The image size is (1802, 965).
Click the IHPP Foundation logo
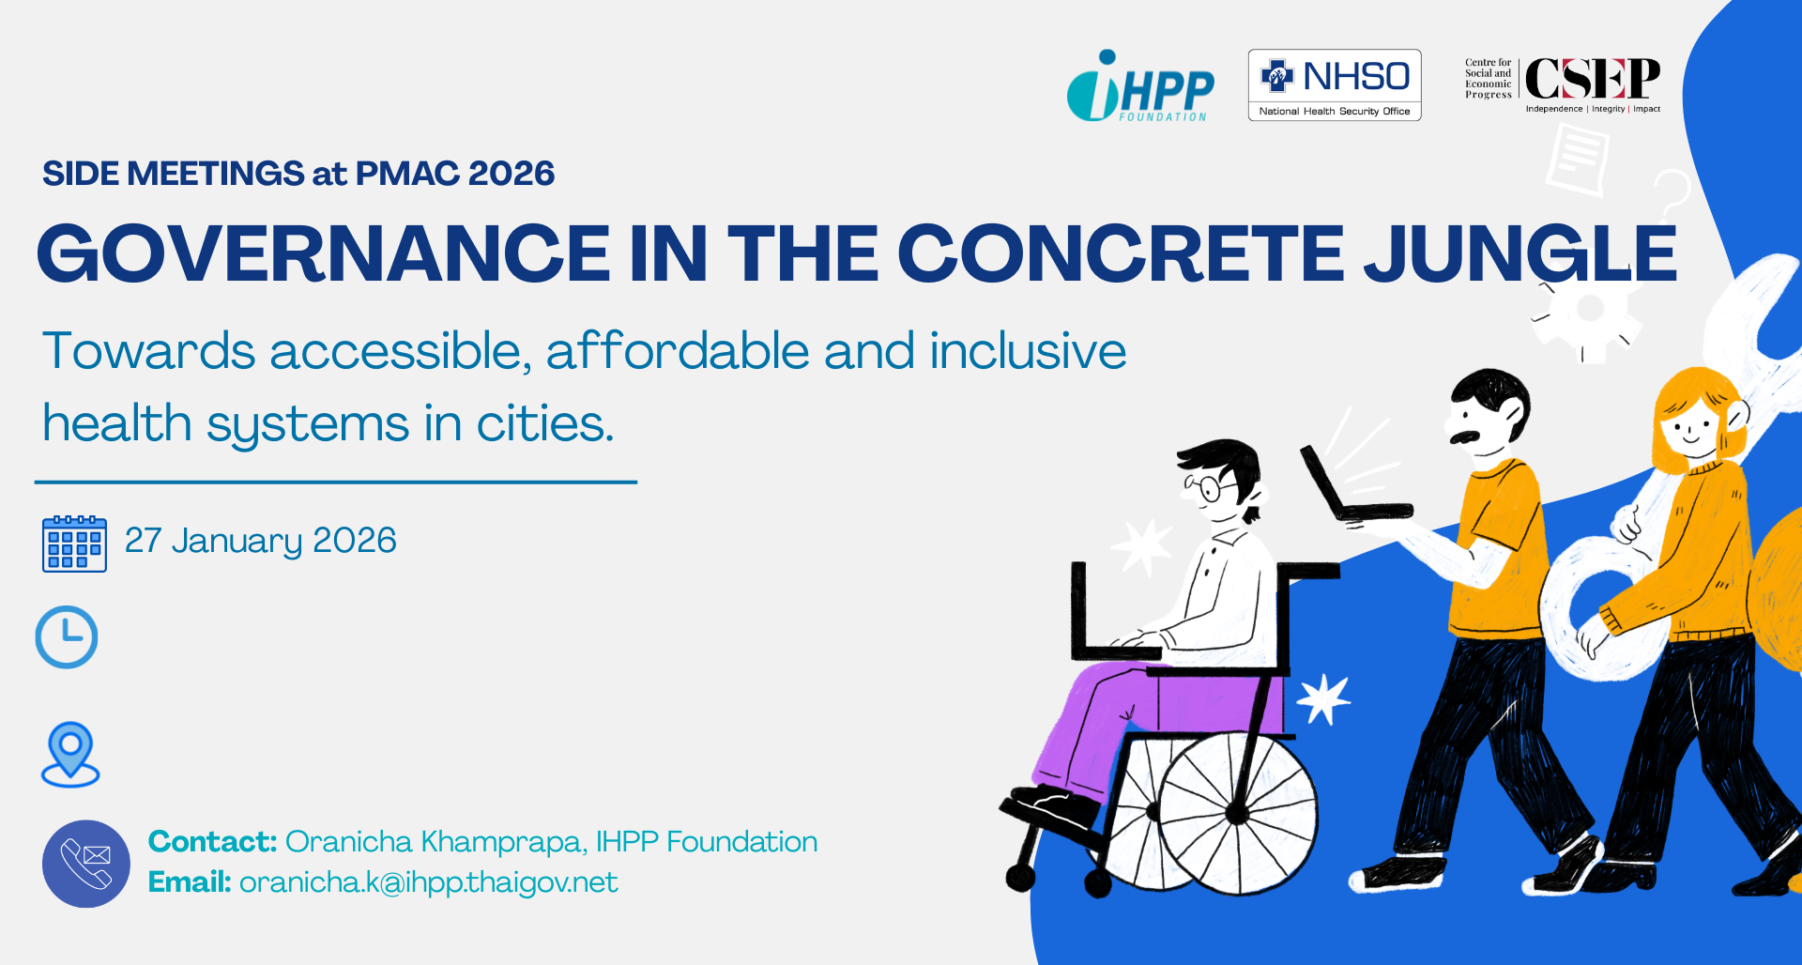point(1140,85)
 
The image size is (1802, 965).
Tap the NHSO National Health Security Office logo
point(1335,84)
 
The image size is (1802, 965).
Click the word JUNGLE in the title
point(1520,253)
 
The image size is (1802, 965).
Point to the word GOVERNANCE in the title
point(324,253)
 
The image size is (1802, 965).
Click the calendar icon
point(74,544)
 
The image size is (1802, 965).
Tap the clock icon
point(67,637)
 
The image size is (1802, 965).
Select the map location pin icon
point(70,754)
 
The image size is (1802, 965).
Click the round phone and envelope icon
point(86,864)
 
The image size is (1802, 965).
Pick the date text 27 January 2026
point(261,541)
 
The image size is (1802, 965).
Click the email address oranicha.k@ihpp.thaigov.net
point(429,882)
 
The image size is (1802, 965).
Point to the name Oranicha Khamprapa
point(436,842)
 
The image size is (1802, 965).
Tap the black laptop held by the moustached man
point(1351,488)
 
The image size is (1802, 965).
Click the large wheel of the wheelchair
point(1237,813)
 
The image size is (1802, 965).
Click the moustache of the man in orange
point(1465,436)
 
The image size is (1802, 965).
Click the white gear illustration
point(1588,310)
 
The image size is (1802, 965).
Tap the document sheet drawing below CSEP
point(1578,160)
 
